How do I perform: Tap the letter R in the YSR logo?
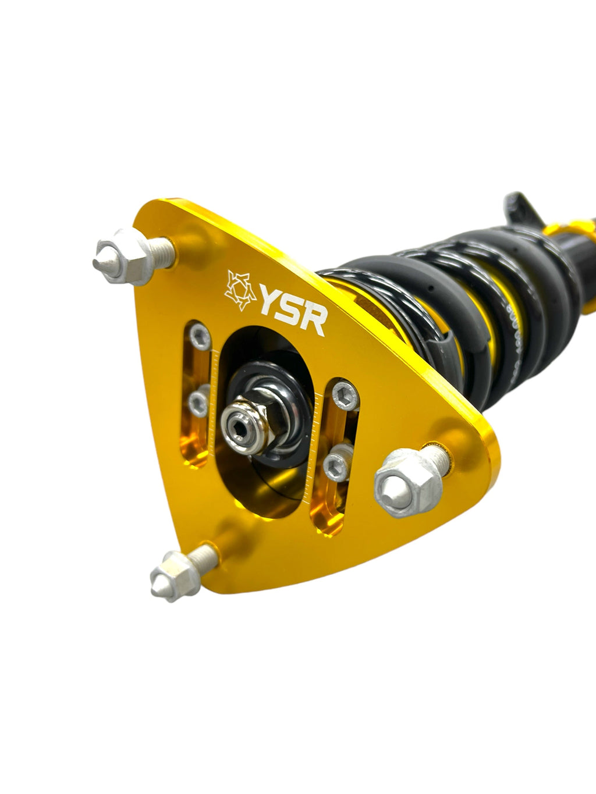pyautogui.click(x=314, y=321)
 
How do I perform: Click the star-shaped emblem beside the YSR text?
pyautogui.click(x=240, y=289)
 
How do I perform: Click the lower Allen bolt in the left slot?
pyautogui.click(x=198, y=401)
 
